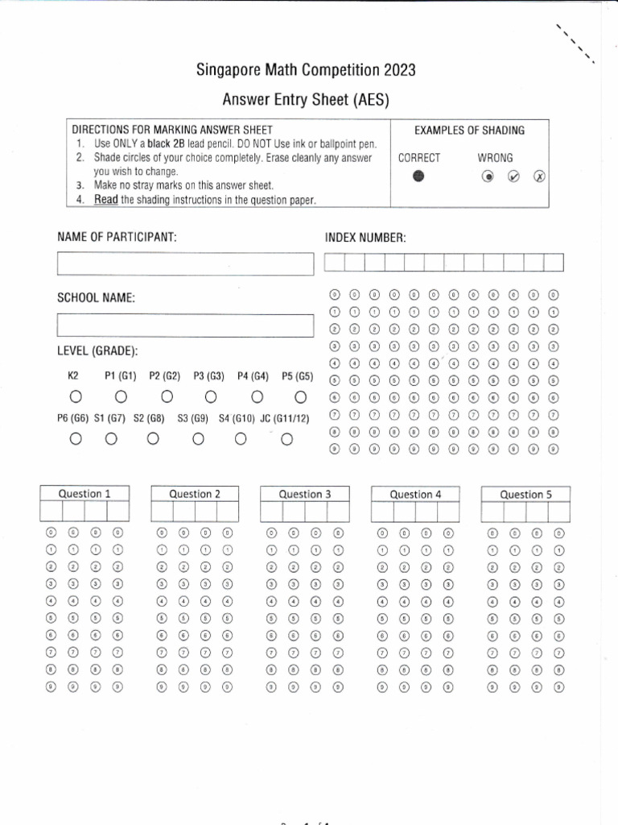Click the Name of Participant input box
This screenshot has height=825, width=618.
point(185,263)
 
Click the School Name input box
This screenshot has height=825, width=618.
point(185,325)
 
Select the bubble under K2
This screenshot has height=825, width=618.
point(76,396)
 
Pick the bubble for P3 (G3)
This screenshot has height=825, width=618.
point(211,396)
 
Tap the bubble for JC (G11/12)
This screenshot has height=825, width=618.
point(286,439)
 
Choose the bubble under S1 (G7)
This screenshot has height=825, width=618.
point(111,439)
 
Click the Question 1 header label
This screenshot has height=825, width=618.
point(84,494)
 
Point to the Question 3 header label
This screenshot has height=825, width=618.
point(305,494)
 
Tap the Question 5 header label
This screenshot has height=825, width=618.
point(526,495)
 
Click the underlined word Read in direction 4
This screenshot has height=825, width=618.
point(106,200)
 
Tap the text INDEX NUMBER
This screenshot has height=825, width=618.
point(365,238)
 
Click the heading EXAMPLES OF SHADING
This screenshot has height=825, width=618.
point(469,130)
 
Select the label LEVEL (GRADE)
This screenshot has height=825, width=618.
point(97,351)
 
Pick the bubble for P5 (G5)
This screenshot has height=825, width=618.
point(301,396)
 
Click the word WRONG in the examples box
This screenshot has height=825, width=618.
point(495,158)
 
